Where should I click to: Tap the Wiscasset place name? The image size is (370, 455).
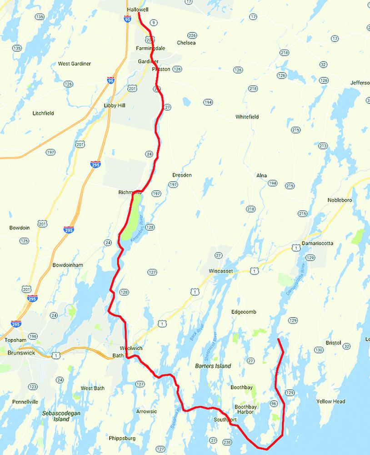tap(220, 271)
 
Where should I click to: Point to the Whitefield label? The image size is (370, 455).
tap(247, 117)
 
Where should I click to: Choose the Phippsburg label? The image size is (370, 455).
tap(122, 439)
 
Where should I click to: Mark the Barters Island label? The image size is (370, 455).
tap(213, 366)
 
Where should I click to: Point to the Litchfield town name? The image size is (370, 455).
tap(44, 113)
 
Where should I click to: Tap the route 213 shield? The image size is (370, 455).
tap(323, 146)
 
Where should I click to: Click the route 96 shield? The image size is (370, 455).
tap(273, 404)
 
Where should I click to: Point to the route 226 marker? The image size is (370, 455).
tap(192, 35)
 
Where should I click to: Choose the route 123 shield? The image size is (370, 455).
tap(32, 386)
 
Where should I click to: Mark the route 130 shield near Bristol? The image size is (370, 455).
tap(319, 350)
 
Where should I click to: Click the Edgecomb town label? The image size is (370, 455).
tap(244, 312)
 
